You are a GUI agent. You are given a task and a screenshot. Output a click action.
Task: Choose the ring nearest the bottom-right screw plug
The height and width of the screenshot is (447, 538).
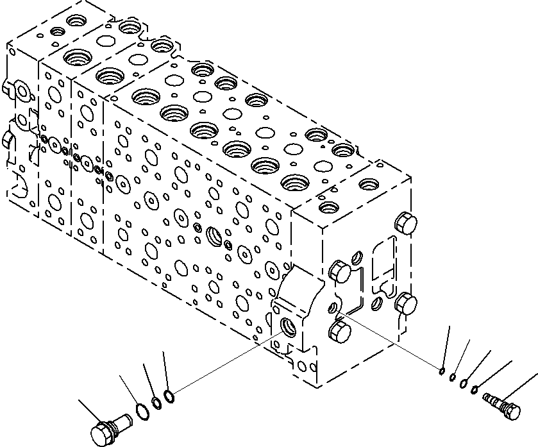pyautogui.click(x=475, y=389)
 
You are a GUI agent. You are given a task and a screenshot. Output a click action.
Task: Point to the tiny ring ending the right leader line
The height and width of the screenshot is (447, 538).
pyautogui.click(x=442, y=370)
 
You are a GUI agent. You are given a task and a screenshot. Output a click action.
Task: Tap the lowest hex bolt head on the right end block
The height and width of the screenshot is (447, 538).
pyautogui.click(x=339, y=333)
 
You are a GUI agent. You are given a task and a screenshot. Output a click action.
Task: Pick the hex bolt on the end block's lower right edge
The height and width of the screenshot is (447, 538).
pyautogui.click(x=406, y=302)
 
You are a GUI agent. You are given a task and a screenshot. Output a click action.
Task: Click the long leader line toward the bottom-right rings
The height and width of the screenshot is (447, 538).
pyautogui.click(x=391, y=342)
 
